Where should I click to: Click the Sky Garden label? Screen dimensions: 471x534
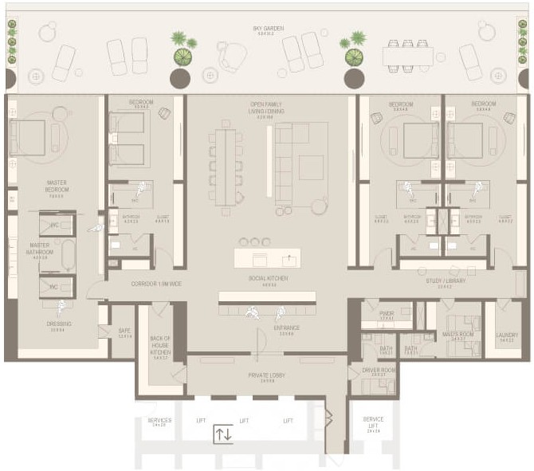coord(268,29)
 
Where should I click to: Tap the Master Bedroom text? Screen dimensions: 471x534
coord(57,187)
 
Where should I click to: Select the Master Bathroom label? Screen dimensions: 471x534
coord(40,248)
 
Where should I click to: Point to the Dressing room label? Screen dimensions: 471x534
coord(58,324)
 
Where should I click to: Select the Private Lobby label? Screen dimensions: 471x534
coord(267,376)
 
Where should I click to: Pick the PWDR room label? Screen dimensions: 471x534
coord(387,315)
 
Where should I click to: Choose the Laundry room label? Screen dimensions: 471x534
coord(507,336)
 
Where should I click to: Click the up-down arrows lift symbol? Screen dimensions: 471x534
coord(224,435)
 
